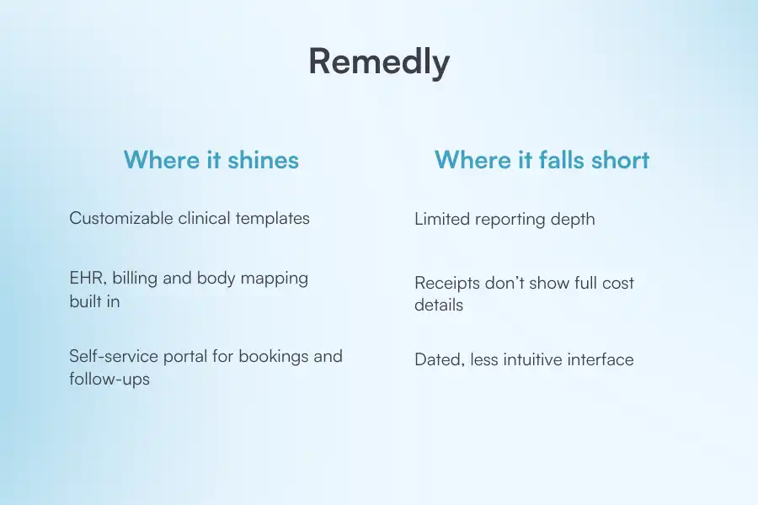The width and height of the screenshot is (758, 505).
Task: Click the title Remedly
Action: pyautogui.click(x=379, y=62)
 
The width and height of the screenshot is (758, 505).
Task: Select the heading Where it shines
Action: pyautogui.click(x=211, y=159)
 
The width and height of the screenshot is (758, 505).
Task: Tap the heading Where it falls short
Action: pyautogui.click(x=542, y=159)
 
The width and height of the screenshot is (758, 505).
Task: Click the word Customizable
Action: pyautogui.click(x=121, y=218)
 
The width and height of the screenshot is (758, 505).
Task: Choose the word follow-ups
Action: pyautogui.click(x=109, y=379)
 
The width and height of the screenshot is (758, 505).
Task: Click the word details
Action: pyautogui.click(x=439, y=305)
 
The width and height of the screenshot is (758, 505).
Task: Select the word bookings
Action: pyautogui.click(x=272, y=356)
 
